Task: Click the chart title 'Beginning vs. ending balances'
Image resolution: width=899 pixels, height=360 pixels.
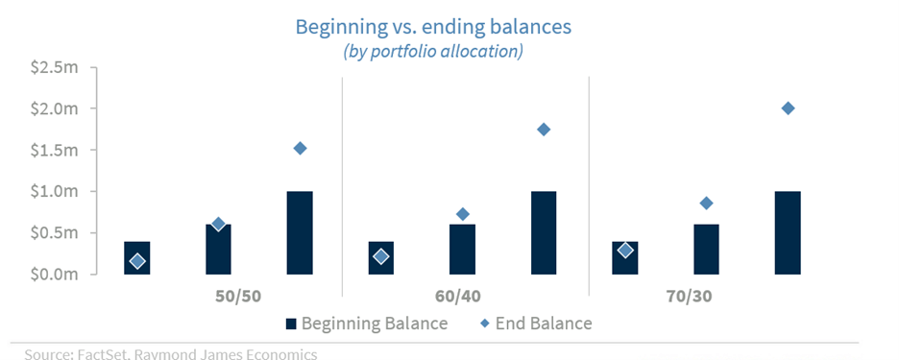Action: [x=433, y=27]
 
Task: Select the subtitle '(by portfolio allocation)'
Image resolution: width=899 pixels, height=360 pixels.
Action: [x=433, y=51]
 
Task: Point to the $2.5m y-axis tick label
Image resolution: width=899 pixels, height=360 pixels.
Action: [x=54, y=67]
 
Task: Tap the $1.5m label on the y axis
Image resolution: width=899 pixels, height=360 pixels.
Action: [x=54, y=150]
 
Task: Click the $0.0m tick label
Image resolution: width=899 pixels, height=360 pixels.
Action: [x=54, y=274]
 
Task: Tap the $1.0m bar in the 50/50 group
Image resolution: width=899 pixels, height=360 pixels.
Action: [x=300, y=232]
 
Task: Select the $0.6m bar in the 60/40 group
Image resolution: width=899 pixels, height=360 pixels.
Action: [x=462, y=250]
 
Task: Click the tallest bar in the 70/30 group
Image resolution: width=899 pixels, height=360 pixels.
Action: [x=788, y=232]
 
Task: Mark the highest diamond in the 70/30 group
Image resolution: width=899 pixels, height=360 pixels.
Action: [x=788, y=108]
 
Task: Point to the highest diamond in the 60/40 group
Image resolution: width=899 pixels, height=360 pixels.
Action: [x=544, y=130]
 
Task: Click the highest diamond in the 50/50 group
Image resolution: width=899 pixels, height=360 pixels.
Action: [x=300, y=149]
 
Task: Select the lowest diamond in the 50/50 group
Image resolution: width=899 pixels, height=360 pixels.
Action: [x=137, y=261]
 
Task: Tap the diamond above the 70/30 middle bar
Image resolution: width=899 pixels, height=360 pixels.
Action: [x=706, y=203]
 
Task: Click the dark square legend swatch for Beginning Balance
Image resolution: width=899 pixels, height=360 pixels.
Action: [x=291, y=324]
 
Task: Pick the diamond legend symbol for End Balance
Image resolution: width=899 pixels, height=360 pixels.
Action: [x=485, y=324]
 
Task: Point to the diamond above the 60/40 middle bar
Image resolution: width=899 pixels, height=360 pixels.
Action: [x=462, y=214]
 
